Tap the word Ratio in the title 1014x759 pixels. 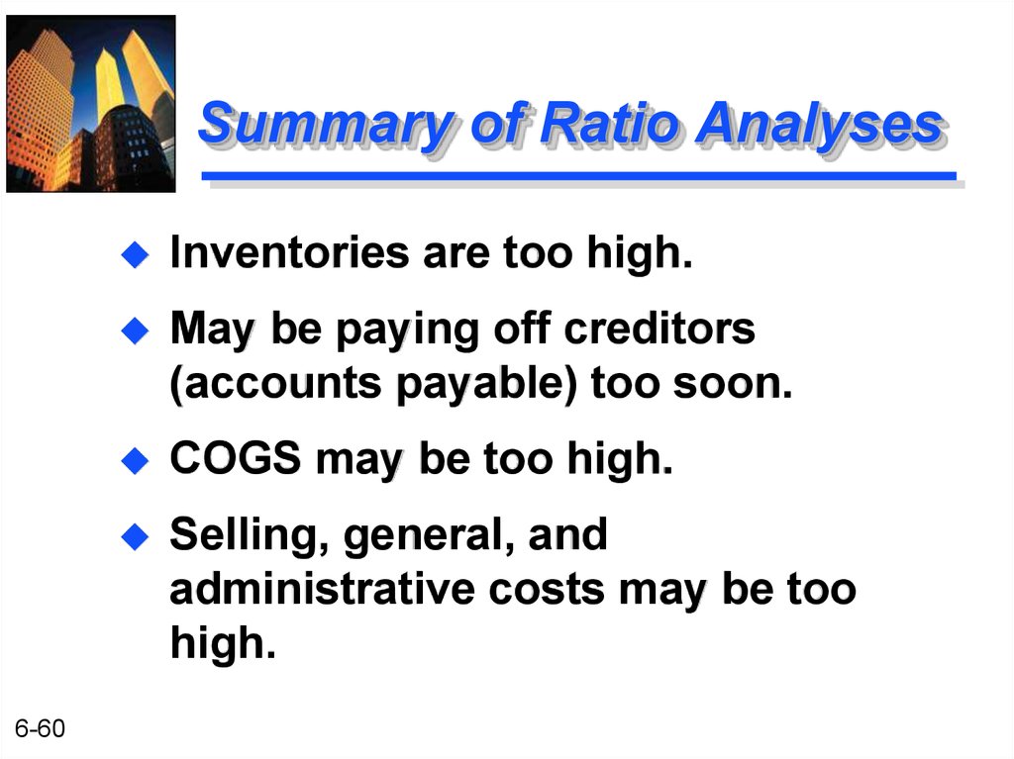pos(609,122)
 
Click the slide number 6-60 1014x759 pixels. pos(40,728)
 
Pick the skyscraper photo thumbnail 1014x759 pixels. pos(91,104)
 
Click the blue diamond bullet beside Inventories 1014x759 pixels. pos(135,254)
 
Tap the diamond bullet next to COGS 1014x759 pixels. pos(135,461)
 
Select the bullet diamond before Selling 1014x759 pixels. pos(135,536)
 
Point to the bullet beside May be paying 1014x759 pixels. pos(135,331)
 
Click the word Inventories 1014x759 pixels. pos(290,251)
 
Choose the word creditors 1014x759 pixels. pos(659,328)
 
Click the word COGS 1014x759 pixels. pos(236,458)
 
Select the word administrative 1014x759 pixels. pos(322,589)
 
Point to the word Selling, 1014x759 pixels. pos(250,536)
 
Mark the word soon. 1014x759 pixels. pos(733,383)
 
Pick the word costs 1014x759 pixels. pos(547,591)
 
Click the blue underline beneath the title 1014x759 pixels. pos(578,176)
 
